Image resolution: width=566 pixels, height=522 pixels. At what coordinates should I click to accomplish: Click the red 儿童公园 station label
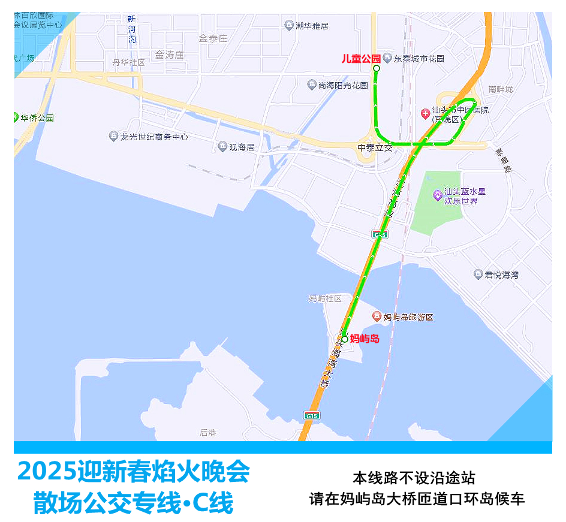tap(361, 59)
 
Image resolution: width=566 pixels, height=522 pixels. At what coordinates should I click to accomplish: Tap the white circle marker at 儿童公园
tap(377, 69)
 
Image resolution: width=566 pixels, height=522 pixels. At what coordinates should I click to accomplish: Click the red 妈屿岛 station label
tap(365, 339)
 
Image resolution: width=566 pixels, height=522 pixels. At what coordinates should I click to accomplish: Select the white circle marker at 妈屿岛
tap(345, 339)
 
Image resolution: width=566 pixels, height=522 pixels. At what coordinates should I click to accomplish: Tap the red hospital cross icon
tap(424, 112)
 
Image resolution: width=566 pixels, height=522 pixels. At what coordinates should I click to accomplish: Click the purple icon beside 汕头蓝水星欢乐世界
tap(438, 194)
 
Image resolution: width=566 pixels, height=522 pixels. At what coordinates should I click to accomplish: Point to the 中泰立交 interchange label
tap(375, 147)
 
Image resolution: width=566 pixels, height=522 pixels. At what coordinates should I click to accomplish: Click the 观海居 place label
tap(242, 147)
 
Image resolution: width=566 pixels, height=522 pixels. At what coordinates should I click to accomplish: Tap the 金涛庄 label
tap(168, 55)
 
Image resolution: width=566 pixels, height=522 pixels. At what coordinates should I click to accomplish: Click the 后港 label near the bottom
tap(208, 433)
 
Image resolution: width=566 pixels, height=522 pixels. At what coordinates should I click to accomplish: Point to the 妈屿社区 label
tap(325, 298)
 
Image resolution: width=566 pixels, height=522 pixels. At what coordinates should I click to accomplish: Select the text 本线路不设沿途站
tap(414, 478)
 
